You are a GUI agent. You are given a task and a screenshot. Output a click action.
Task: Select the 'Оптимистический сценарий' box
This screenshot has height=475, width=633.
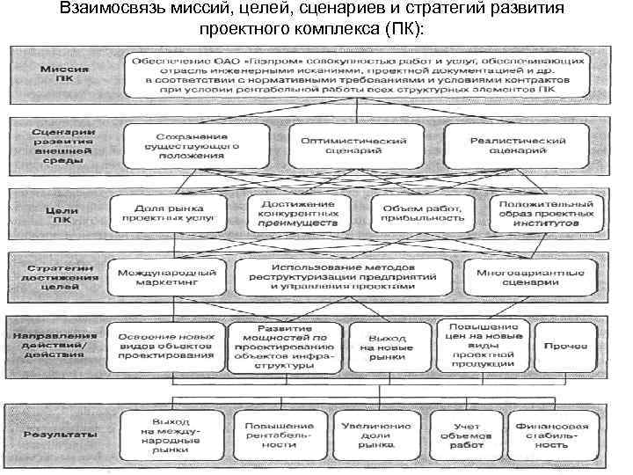[x=353, y=146]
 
